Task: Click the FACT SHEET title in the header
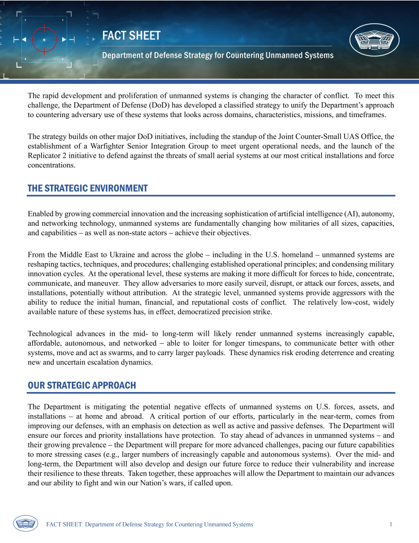point(131,36)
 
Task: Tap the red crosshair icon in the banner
point(44,40)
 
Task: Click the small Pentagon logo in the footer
point(25,524)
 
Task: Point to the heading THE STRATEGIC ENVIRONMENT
point(88,188)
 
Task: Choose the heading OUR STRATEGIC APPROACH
point(82,385)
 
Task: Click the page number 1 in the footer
point(391,524)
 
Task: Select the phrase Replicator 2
point(51,156)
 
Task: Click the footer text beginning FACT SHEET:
point(149,524)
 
